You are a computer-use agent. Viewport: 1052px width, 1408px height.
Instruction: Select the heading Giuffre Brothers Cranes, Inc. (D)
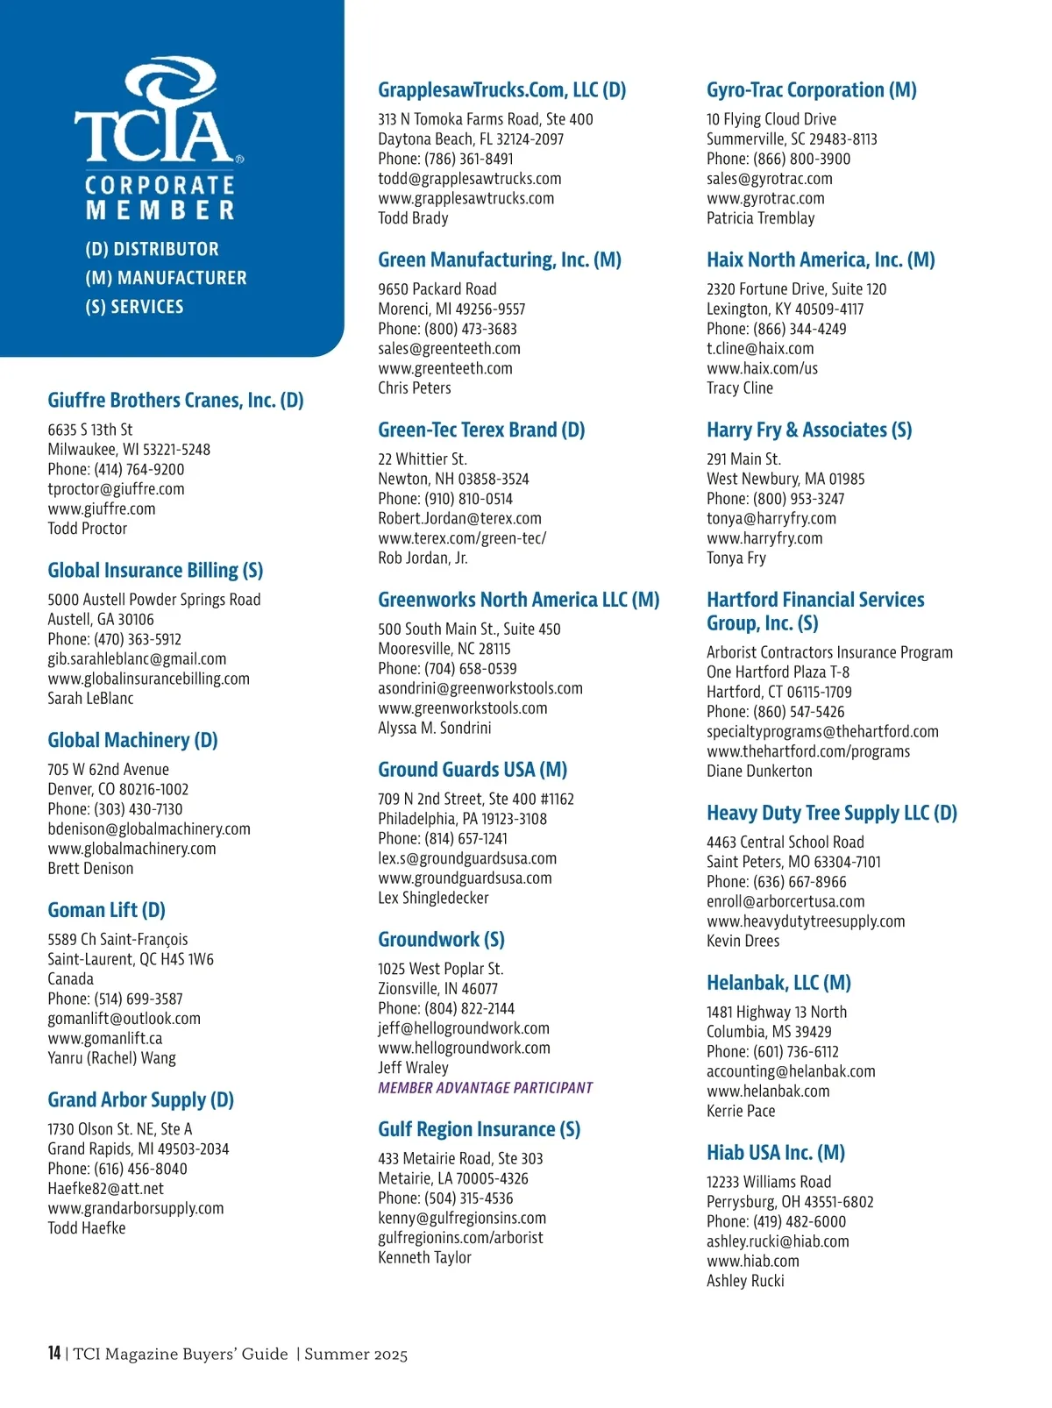tap(175, 401)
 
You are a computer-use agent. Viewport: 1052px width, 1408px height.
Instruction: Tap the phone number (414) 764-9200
tap(139, 469)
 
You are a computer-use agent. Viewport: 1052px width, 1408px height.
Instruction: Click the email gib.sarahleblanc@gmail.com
tap(137, 658)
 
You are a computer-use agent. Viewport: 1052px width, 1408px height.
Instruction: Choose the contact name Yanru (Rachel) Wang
tap(111, 1057)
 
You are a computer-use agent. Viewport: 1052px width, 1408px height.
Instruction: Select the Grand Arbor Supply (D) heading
tap(140, 1100)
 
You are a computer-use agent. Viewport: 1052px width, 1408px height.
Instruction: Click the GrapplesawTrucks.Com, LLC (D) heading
tap(501, 90)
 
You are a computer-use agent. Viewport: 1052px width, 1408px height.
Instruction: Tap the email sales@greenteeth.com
tap(449, 348)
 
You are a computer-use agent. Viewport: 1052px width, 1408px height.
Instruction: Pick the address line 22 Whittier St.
tap(423, 459)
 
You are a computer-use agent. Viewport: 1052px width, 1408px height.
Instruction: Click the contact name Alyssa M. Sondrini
tap(434, 728)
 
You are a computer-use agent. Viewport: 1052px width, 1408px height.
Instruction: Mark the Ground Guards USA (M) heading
tap(472, 770)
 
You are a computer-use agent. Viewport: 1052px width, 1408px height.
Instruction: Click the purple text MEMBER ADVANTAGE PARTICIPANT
tap(485, 1088)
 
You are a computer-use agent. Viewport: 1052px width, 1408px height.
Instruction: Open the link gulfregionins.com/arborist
tap(460, 1237)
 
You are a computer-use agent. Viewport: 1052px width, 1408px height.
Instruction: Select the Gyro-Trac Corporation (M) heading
tap(811, 90)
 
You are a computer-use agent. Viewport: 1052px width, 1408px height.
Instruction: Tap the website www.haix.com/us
tap(762, 368)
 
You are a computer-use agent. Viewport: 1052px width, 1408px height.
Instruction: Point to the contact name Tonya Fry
tap(736, 558)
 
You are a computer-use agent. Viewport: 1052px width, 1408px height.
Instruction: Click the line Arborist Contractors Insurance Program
tap(829, 652)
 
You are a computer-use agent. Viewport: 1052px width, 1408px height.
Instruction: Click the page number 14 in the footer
tap(54, 1353)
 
